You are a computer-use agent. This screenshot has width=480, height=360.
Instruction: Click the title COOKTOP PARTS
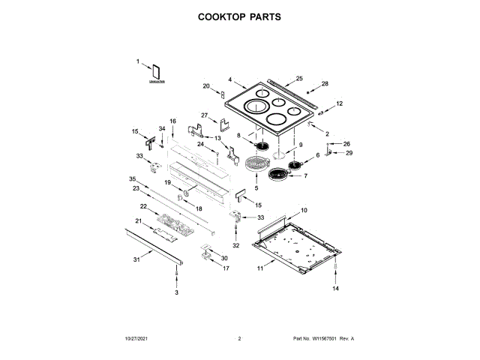(x=239, y=16)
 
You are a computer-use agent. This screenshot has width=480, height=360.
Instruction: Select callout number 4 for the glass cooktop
(x=230, y=79)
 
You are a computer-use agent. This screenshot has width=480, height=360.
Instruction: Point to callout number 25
(x=299, y=79)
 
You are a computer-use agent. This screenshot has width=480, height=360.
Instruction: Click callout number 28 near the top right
(x=325, y=84)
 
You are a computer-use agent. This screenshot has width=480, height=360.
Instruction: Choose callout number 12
(x=339, y=103)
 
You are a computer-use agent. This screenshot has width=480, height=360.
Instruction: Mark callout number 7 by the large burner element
(x=305, y=176)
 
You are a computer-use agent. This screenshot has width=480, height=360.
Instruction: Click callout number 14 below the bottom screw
(x=336, y=289)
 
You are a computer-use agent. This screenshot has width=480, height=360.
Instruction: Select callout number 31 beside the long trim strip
(x=136, y=259)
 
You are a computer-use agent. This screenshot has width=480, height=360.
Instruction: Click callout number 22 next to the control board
(x=144, y=205)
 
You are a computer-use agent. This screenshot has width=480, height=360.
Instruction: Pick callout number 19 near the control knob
(x=168, y=182)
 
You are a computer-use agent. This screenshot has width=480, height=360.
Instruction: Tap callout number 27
(x=203, y=115)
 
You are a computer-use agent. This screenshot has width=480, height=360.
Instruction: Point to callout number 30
(x=223, y=258)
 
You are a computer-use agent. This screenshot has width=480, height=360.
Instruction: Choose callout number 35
(x=132, y=179)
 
